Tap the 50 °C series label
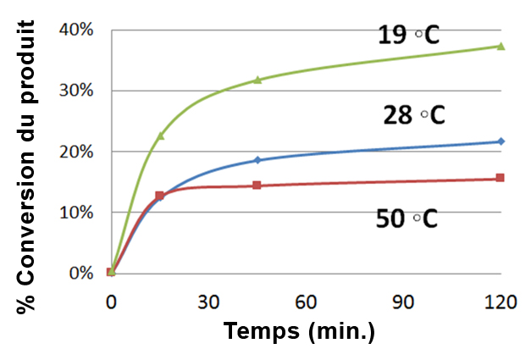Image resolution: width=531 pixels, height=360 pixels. pyautogui.click(x=407, y=219)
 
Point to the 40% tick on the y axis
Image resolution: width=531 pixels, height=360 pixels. pyautogui.click(x=75, y=30)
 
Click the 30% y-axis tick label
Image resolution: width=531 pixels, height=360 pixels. pyautogui.click(x=75, y=91)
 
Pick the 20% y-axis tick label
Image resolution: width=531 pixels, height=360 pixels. pyautogui.click(x=75, y=152)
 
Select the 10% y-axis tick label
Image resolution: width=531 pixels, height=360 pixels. pyautogui.click(x=75, y=213)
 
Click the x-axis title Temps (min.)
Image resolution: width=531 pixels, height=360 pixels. pyautogui.click(x=299, y=331)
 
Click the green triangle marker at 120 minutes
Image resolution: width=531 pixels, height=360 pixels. pyautogui.click(x=501, y=46)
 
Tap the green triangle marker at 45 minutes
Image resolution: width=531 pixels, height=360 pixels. pyautogui.click(x=257, y=80)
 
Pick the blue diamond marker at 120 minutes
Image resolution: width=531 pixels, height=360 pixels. pyautogui.click(x=501, y=141)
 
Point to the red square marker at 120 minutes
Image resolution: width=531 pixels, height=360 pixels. pyautogui.click(x=501, y=178)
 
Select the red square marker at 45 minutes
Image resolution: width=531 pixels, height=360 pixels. pyautogui.click(x=257, y=185)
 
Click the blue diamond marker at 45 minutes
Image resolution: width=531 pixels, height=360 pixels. pyautogui.click(x=257, y=160)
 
